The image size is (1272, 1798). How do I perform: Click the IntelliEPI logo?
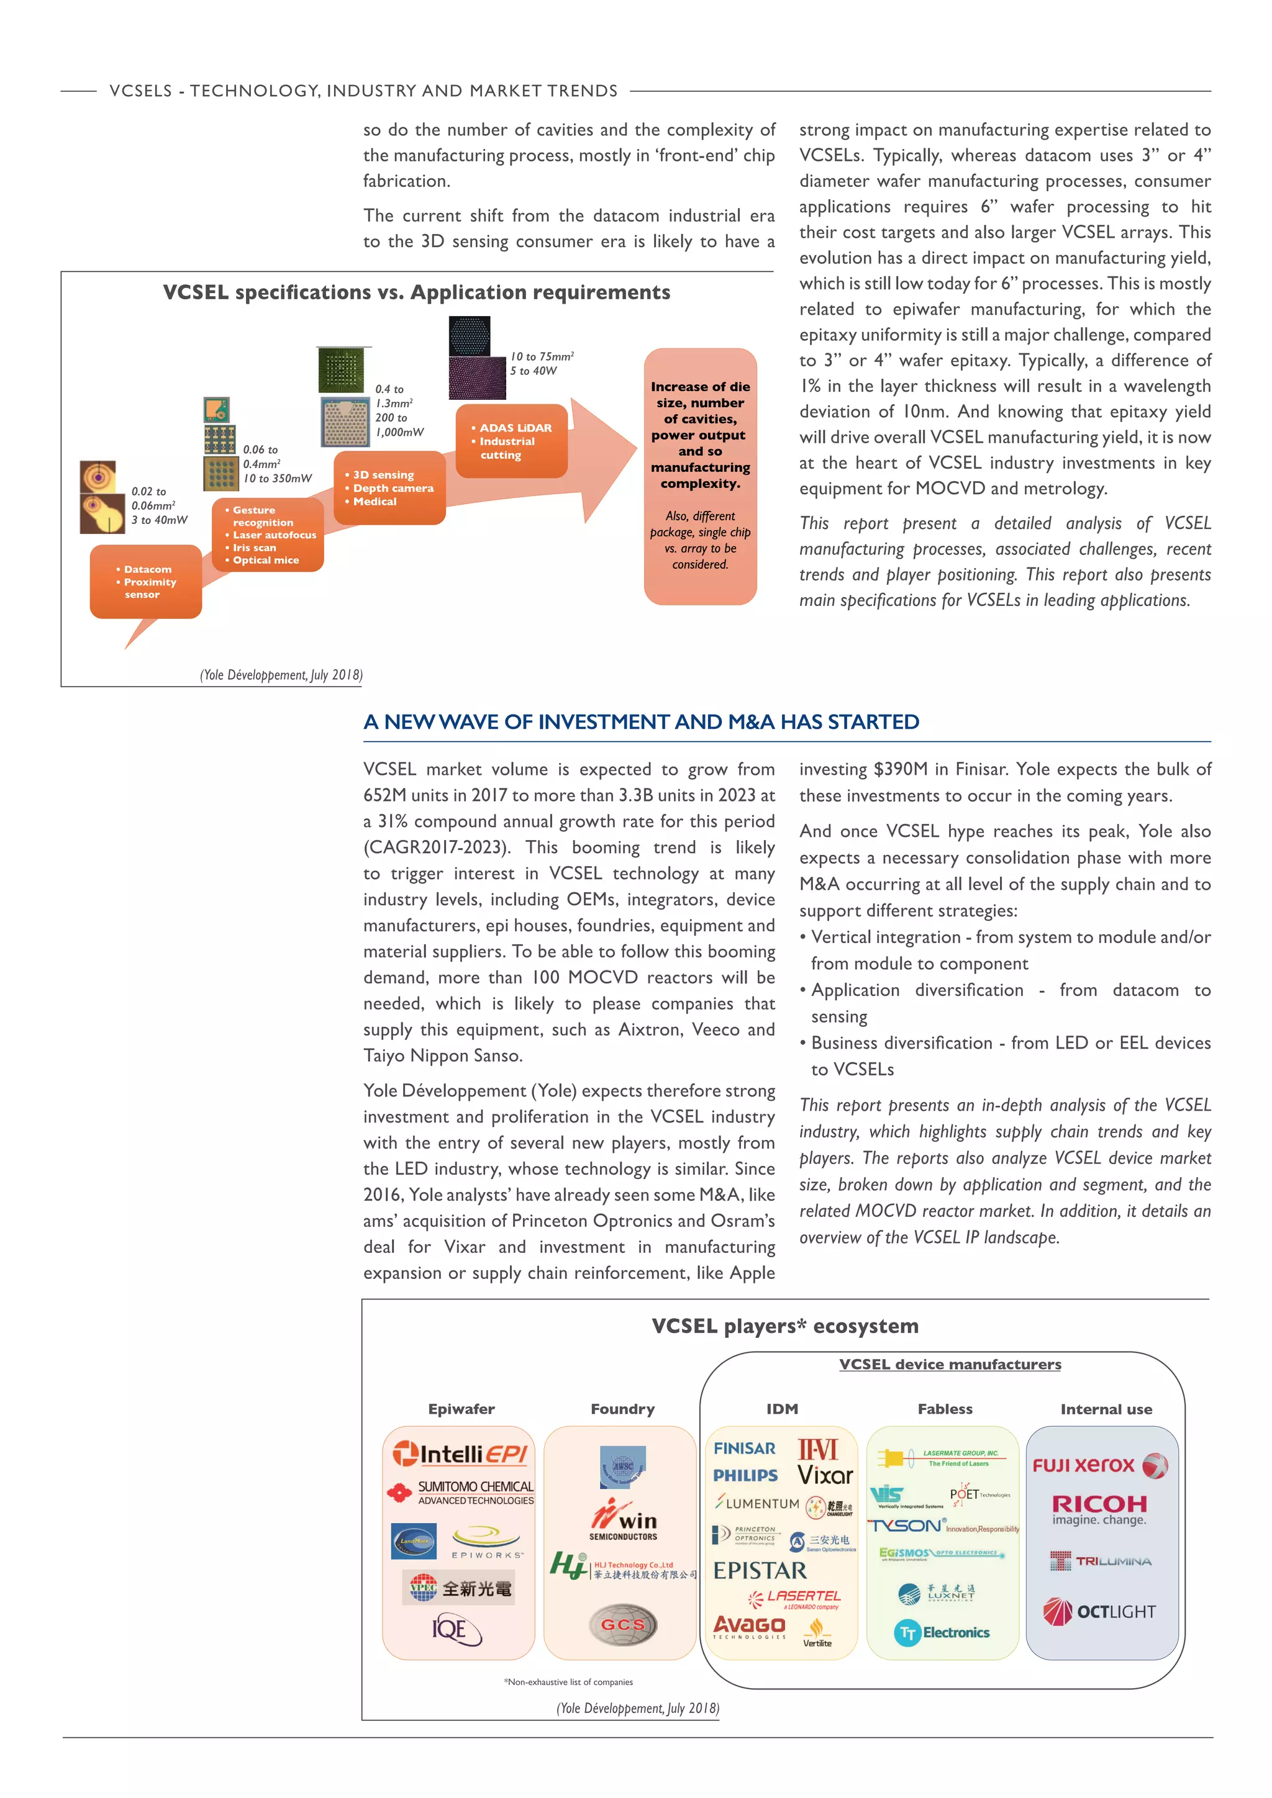pyautogui.click(x=460, y=1454)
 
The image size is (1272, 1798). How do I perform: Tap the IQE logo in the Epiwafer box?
pyautogui.click(x=456, y=1630)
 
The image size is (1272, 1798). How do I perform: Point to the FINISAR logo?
pyautogui.click(x=744, y=1448)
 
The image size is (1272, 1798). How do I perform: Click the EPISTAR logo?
pyautogui.click(x=759, y=1571)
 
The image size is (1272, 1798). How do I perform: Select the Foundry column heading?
pyautogui.click(x=623, y=1409)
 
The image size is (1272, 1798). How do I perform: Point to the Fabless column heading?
pyautogui.click(x=945, y=1409)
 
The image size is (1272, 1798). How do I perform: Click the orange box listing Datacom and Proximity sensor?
pyautogui.click(x=146, y=582)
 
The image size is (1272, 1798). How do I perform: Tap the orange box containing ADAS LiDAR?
pyautogui.click(x=511, y=441)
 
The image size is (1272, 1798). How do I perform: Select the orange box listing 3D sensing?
pyautogui.click(x=389, y=488)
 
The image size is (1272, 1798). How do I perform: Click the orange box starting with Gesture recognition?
pyautogui.click(x=268, y=535)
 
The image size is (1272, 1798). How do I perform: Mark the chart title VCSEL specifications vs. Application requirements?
pyautogui.click(x=416, y=293)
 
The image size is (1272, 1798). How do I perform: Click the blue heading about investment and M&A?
pyautogui.click(x=641, y=722)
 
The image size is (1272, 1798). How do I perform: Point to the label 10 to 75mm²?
pyautogui.click(x=542, y=356)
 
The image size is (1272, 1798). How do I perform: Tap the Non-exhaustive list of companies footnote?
pyautogui.click(x=569, y=1682)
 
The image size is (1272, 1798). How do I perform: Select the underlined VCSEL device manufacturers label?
pyautogui.click(x=950, y=1364)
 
